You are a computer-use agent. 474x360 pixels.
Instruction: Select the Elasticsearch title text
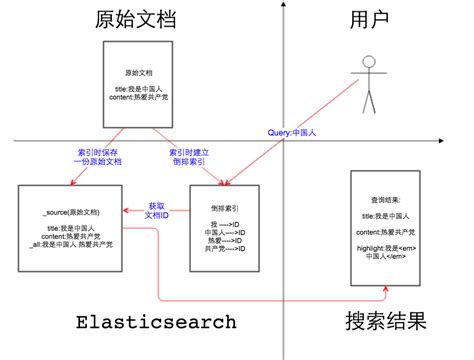(x=157, y=322)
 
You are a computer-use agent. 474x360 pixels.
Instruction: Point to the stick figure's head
(x=371, y=63)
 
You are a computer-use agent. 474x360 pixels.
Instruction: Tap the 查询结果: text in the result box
(x=384, y=198)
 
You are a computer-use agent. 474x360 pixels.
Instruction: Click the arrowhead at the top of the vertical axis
(x=284, y=5)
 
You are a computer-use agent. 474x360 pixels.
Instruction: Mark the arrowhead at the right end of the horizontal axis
(x=468, y=141)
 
